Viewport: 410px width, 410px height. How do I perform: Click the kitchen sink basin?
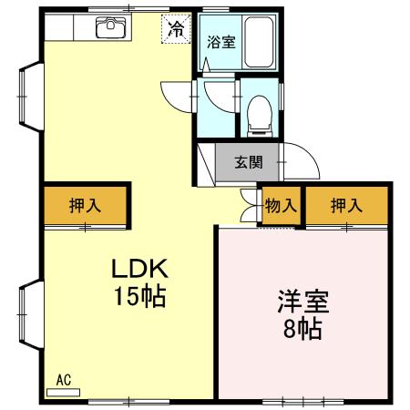click(109, 28)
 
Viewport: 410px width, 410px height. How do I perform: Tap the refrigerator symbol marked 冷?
click(176, 28)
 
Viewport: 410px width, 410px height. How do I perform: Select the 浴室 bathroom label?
click(220, 41)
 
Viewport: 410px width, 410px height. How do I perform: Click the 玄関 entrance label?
click(249, 164)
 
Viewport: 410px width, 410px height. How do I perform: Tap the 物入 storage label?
click(280, 207)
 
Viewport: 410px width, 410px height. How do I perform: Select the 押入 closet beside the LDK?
click(86, 207)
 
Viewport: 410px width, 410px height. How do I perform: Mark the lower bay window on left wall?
click(27, 315)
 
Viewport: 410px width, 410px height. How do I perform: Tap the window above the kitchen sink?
click(110, 13)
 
